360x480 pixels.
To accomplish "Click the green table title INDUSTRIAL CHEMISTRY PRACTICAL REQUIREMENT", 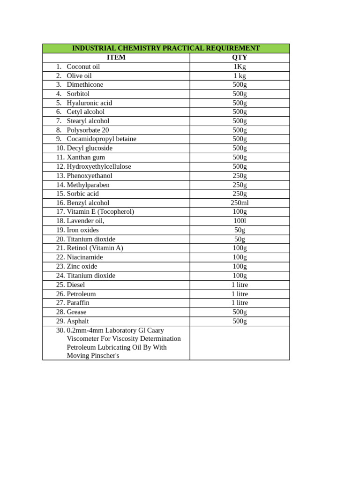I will [165, 48].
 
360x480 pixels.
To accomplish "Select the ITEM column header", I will [116, 58].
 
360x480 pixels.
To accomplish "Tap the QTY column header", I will [240, 58].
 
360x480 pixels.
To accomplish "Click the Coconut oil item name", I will [83, 67].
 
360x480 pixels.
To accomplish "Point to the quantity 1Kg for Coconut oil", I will [240, 67].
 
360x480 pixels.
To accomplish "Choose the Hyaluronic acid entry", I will [89, 103].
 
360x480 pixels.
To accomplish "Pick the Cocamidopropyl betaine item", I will [101, 139].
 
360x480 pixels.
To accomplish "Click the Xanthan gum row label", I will [86, 157].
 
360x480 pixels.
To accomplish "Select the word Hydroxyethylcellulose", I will [99, 166].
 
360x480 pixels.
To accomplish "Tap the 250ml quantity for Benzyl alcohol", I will [240, 203].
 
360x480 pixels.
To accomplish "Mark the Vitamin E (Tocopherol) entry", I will [100, 212].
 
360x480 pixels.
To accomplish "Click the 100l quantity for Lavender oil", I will [240, 221].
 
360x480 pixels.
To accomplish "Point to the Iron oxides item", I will [82, 230].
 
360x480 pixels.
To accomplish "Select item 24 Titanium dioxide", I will [91, 276].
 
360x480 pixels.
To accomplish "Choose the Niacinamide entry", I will [85, 257].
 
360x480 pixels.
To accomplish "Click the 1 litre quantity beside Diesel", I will [240, 285].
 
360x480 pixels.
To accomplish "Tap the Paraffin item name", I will [78, 303].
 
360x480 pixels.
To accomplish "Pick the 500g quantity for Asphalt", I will [240, 321].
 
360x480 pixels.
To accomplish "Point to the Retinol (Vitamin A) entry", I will [95, 248].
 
